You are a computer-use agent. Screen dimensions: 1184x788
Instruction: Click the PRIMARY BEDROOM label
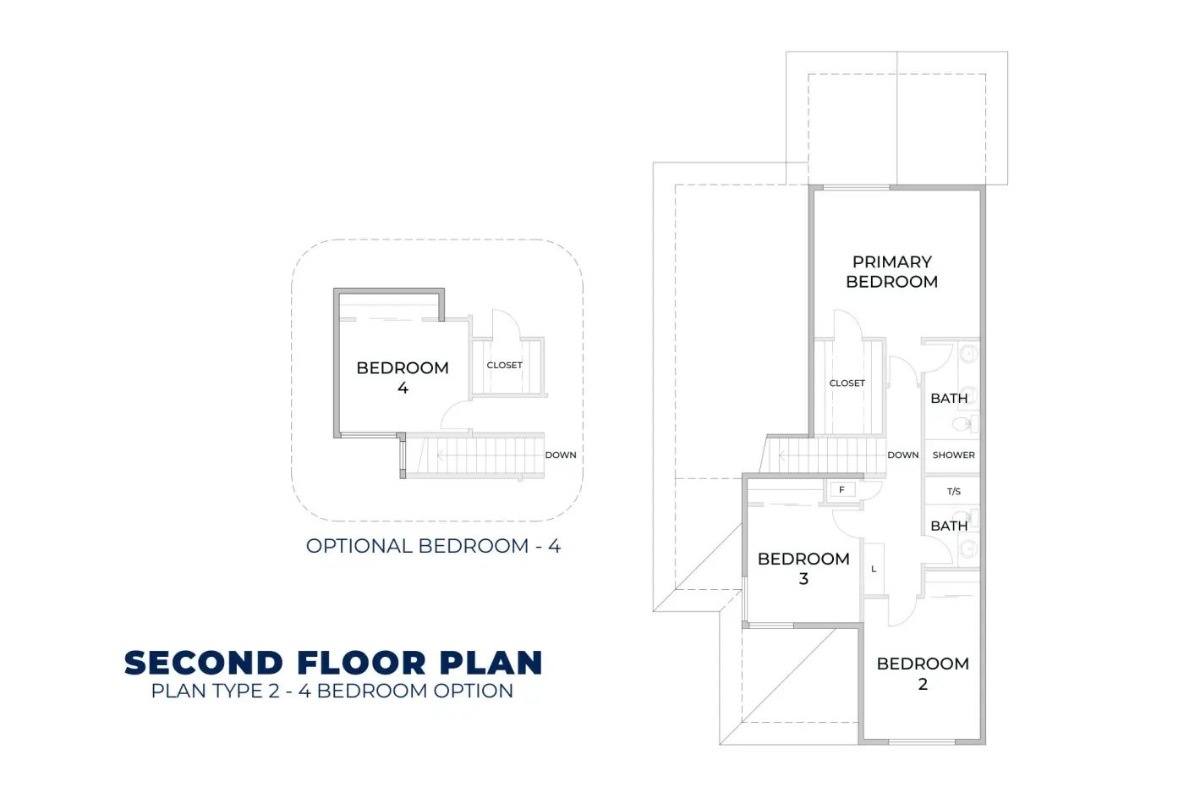tap(891, 272)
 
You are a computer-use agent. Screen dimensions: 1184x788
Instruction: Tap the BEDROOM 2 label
tap(923, 673)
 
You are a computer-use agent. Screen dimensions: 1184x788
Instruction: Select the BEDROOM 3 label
tap(803, 569)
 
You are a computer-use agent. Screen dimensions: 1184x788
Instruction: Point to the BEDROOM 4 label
tap(403, 377)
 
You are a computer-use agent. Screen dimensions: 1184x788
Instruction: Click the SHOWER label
tap(954, 455)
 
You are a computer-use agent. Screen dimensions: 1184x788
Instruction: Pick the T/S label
tap(954, 491)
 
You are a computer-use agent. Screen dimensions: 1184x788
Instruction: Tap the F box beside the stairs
tap(842, 490)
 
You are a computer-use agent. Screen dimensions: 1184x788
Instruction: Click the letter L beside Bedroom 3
tap(874, 569)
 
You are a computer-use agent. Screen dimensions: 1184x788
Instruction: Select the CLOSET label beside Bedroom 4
tap(504, 365)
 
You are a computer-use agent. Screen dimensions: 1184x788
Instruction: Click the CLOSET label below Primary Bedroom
tap(847, 383)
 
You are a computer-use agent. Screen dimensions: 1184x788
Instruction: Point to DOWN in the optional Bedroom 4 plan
tap(560, 455)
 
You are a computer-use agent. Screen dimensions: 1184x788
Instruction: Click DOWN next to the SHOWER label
tap(903, 455)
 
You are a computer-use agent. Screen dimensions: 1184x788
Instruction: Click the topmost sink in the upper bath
tap(969, 353)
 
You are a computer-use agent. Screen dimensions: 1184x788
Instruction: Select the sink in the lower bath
tap(969, 549)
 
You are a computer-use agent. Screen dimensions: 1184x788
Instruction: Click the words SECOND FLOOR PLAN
tap(333, 663)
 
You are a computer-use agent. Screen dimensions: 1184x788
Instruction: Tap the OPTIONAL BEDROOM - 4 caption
tap(433, 546)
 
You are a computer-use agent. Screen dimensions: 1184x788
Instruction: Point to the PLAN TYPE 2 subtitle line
tap(332, 691)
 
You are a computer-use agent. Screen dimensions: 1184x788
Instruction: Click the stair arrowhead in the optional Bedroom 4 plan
tap(440, 455)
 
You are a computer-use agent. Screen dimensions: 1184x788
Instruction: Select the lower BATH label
tap(949, 526)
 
